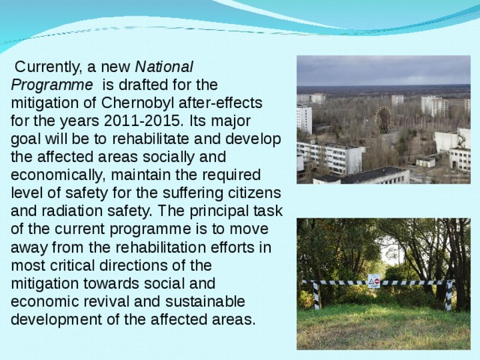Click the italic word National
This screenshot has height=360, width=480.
click(x=163, y=66)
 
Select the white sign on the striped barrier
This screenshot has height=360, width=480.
click(x=373, y=281)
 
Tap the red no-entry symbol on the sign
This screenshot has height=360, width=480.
click(x=376, y=282)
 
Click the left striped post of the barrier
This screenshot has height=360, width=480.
click(x=316, y=295)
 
